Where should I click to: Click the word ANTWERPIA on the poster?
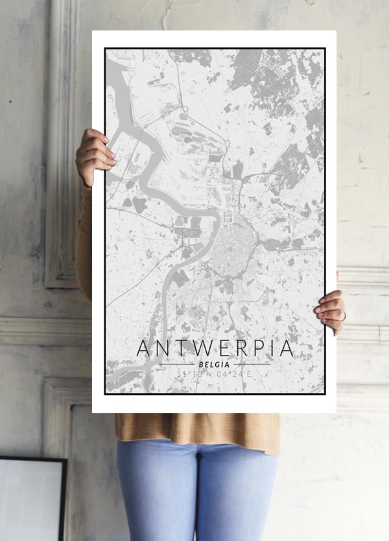[215, 348]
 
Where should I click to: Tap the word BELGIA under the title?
[215, 364]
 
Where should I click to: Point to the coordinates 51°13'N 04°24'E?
[215, 374]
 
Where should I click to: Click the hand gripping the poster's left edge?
[95, 156]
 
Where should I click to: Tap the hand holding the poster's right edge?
[331, 311]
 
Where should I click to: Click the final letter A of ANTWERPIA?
[285, 348]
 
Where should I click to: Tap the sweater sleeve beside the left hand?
[84, 240]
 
